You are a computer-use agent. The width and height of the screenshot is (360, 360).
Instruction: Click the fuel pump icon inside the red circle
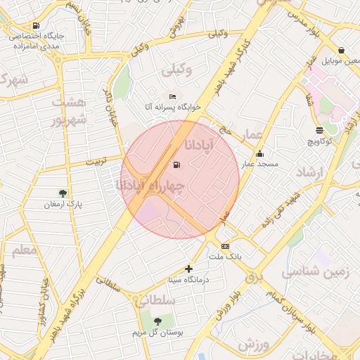176,165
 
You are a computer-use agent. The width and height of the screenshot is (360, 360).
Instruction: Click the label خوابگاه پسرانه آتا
173,107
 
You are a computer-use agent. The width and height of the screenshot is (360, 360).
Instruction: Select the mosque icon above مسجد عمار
259,154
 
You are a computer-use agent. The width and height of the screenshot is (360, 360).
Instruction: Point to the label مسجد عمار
260,164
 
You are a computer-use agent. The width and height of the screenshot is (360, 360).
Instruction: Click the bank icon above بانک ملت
225,246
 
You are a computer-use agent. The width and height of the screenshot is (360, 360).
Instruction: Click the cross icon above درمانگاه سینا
188,269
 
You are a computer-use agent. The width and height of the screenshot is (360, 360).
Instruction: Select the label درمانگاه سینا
188,279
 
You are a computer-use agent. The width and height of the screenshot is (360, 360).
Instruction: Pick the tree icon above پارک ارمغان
63,193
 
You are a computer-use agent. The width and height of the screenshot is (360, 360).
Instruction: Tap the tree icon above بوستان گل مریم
157,321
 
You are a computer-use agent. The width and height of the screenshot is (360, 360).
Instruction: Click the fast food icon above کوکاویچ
320,130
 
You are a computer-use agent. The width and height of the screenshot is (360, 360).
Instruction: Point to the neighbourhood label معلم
24,249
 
